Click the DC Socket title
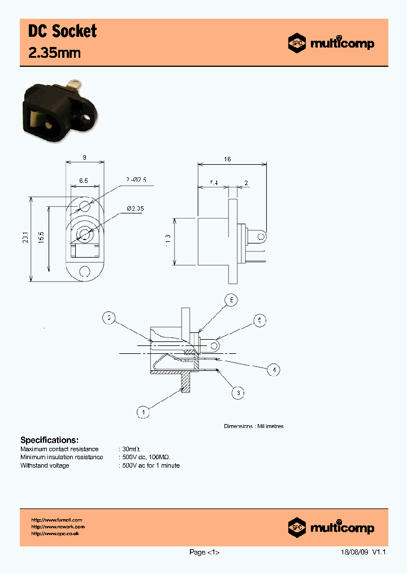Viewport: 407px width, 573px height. pyautogui.click(x=62, y=31)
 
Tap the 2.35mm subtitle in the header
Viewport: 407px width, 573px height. pyautogui.click(x=54, y=53)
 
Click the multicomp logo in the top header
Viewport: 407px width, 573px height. pyautogui.click(x=331, y=43)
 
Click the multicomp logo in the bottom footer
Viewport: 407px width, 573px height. pyautogui.click(x=331, y=527)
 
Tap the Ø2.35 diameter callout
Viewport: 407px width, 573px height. pyautogui.click(x=135, y=209)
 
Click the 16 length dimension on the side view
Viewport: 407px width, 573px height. pyautogui.click(x=228, y=160)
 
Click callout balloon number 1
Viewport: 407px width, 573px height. pyautogui.click(x=144, y=412)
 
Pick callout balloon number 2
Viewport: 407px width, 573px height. pyautogui.click(x=109, y=318)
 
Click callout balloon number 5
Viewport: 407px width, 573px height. pyautogui.click(x=259, y=321)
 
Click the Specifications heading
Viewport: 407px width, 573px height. pyautogui.click(x=49, y=440)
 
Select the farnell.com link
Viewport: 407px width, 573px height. pyautogui.click(x=57, y=520)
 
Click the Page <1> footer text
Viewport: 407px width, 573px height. pyautogui.click(x=204, y=553)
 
